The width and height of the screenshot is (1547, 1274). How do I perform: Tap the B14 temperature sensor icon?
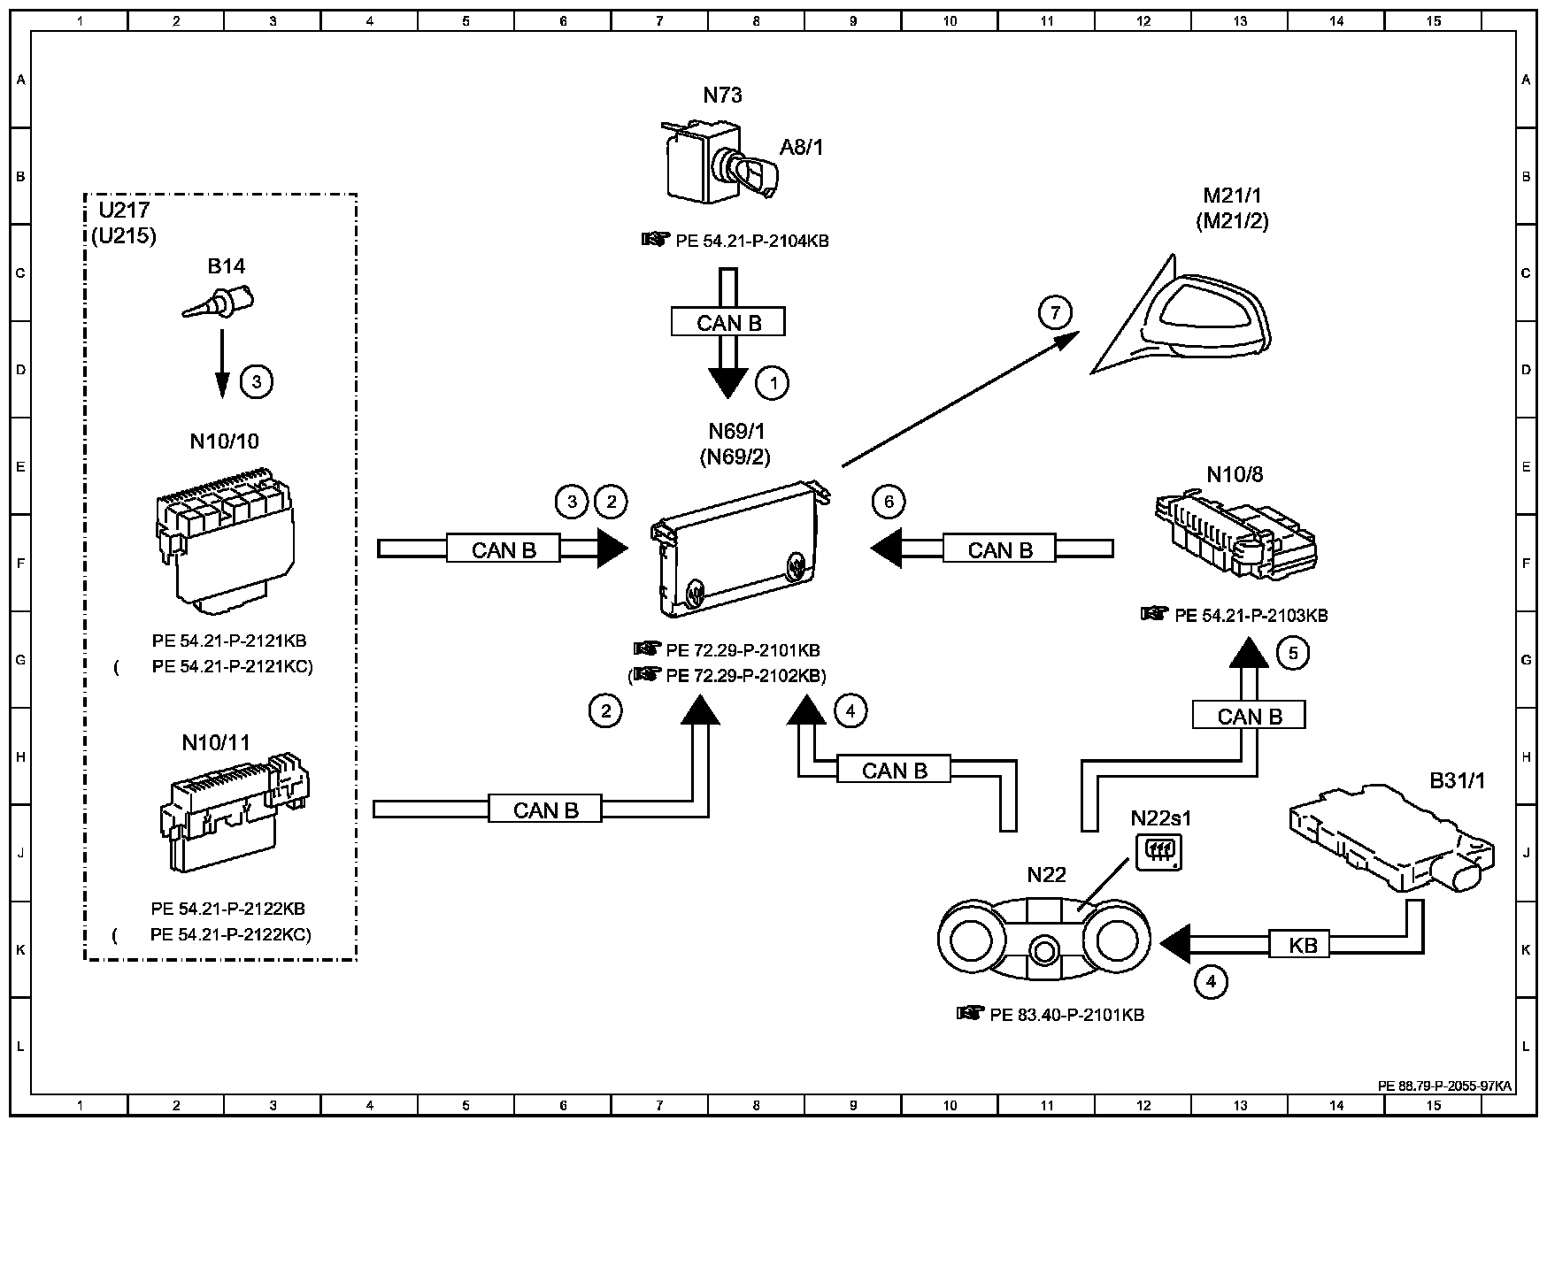pos(219,302)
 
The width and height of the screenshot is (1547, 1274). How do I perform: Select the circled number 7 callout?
pos(1055,312)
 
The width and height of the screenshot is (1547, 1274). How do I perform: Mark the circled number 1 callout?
pos(773,383)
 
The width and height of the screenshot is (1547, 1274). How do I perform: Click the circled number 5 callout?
pos(1293,653)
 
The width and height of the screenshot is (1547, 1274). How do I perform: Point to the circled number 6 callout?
pos(889,502)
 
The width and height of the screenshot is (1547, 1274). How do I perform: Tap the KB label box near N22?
pos(1304,945)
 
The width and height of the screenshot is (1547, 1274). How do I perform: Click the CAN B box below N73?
pos(728,322)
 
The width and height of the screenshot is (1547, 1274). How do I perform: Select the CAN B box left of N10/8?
pos(1000,549)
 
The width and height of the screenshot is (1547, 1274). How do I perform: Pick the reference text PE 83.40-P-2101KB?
pos(1066,1015)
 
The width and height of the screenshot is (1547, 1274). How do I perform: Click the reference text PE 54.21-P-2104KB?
pos(751,241)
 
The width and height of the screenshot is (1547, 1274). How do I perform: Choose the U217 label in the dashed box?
pos(125,211)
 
